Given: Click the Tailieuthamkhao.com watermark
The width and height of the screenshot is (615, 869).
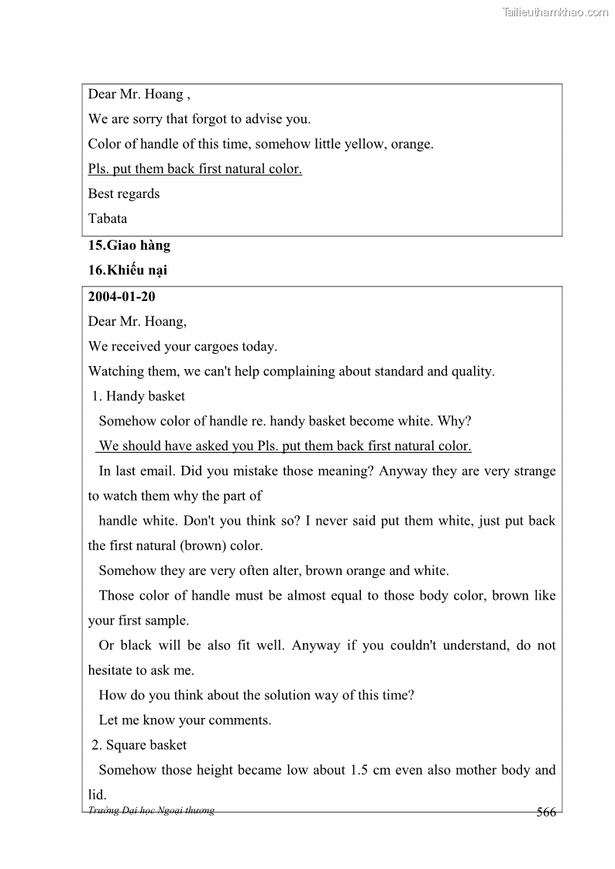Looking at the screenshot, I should click(x=555, y=12).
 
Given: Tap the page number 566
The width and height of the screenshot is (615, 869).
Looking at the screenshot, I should click(x=546, y=812).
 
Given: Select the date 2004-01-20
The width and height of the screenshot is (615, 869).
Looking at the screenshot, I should click(x=122, y=296).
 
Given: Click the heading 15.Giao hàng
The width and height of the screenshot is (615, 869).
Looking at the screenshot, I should click(x=129, y=246).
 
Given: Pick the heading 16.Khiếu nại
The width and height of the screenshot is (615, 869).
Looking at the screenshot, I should click(x=127, y=271).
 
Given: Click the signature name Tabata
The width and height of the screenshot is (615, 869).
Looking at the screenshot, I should click(x=108, y=218).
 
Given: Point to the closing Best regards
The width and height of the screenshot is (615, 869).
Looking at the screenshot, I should click(x=124, y=193).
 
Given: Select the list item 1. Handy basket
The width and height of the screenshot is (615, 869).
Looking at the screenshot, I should click(x=139, y=396).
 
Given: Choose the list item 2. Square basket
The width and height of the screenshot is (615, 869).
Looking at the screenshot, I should click(x=139, y=745).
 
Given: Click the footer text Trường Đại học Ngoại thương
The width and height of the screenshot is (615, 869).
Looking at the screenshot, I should click(x=151, y=810).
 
